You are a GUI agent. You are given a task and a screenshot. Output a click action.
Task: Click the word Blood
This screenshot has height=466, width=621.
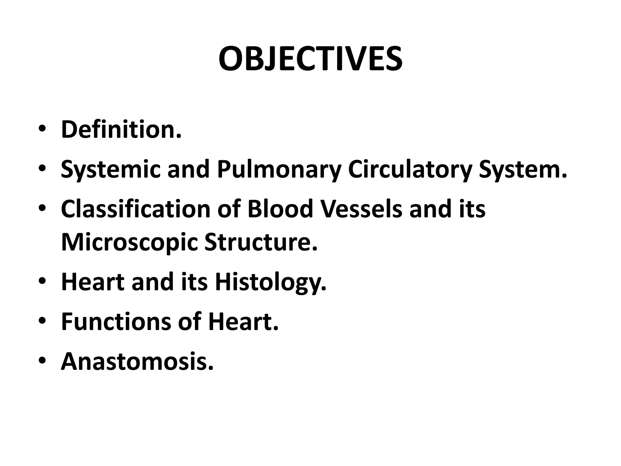click(280, 209)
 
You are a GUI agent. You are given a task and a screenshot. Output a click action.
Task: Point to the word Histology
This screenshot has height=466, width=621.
click(270, 282)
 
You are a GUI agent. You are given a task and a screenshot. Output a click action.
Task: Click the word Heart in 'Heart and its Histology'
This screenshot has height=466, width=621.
click(92, 282)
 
